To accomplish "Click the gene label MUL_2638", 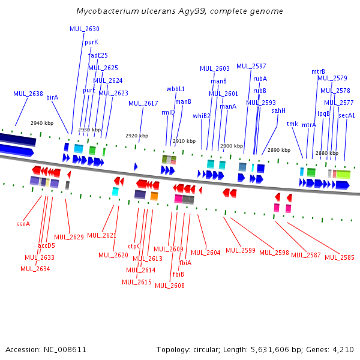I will pos(28,94).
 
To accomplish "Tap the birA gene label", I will pos(52,97).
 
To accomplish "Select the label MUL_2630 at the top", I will pos(85,29).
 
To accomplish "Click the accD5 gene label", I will pos(46,245).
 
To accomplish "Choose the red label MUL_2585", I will pos(339,257).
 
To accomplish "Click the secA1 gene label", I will pos(347,115).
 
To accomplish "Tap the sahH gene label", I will pos(278,110).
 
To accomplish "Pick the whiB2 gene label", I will pos(202,116).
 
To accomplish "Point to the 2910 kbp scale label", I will pos(184,141).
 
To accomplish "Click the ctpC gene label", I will pos(134,246).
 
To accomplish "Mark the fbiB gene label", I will pos(178,274).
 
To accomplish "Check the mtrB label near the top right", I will pos(318,71).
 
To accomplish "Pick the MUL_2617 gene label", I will pos(143,103).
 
